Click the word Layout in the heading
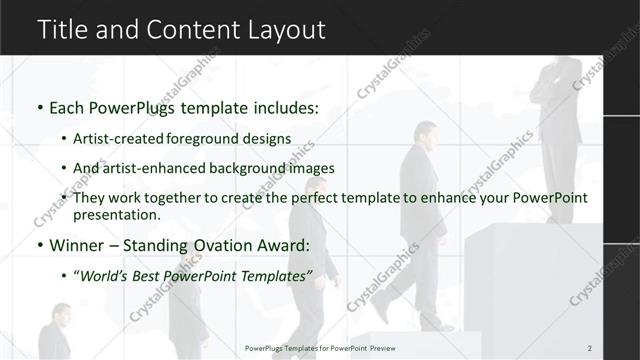point(287,30)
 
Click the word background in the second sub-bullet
point(270,168)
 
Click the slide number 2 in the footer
point(590,347)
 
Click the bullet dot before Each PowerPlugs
point(39,107)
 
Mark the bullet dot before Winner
point(39,245)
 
